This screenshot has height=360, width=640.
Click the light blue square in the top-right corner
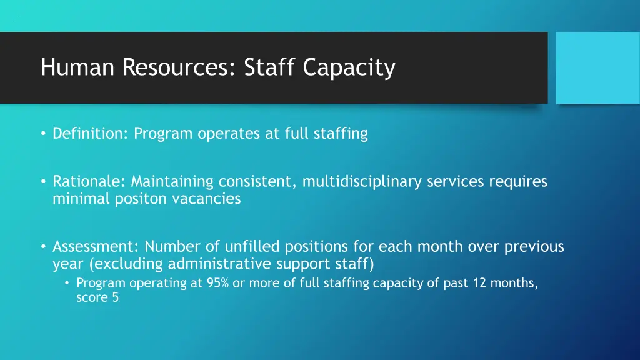point(597,67)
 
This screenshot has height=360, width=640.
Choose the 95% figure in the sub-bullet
point(218,283)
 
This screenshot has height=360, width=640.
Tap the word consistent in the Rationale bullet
point(257,182)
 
